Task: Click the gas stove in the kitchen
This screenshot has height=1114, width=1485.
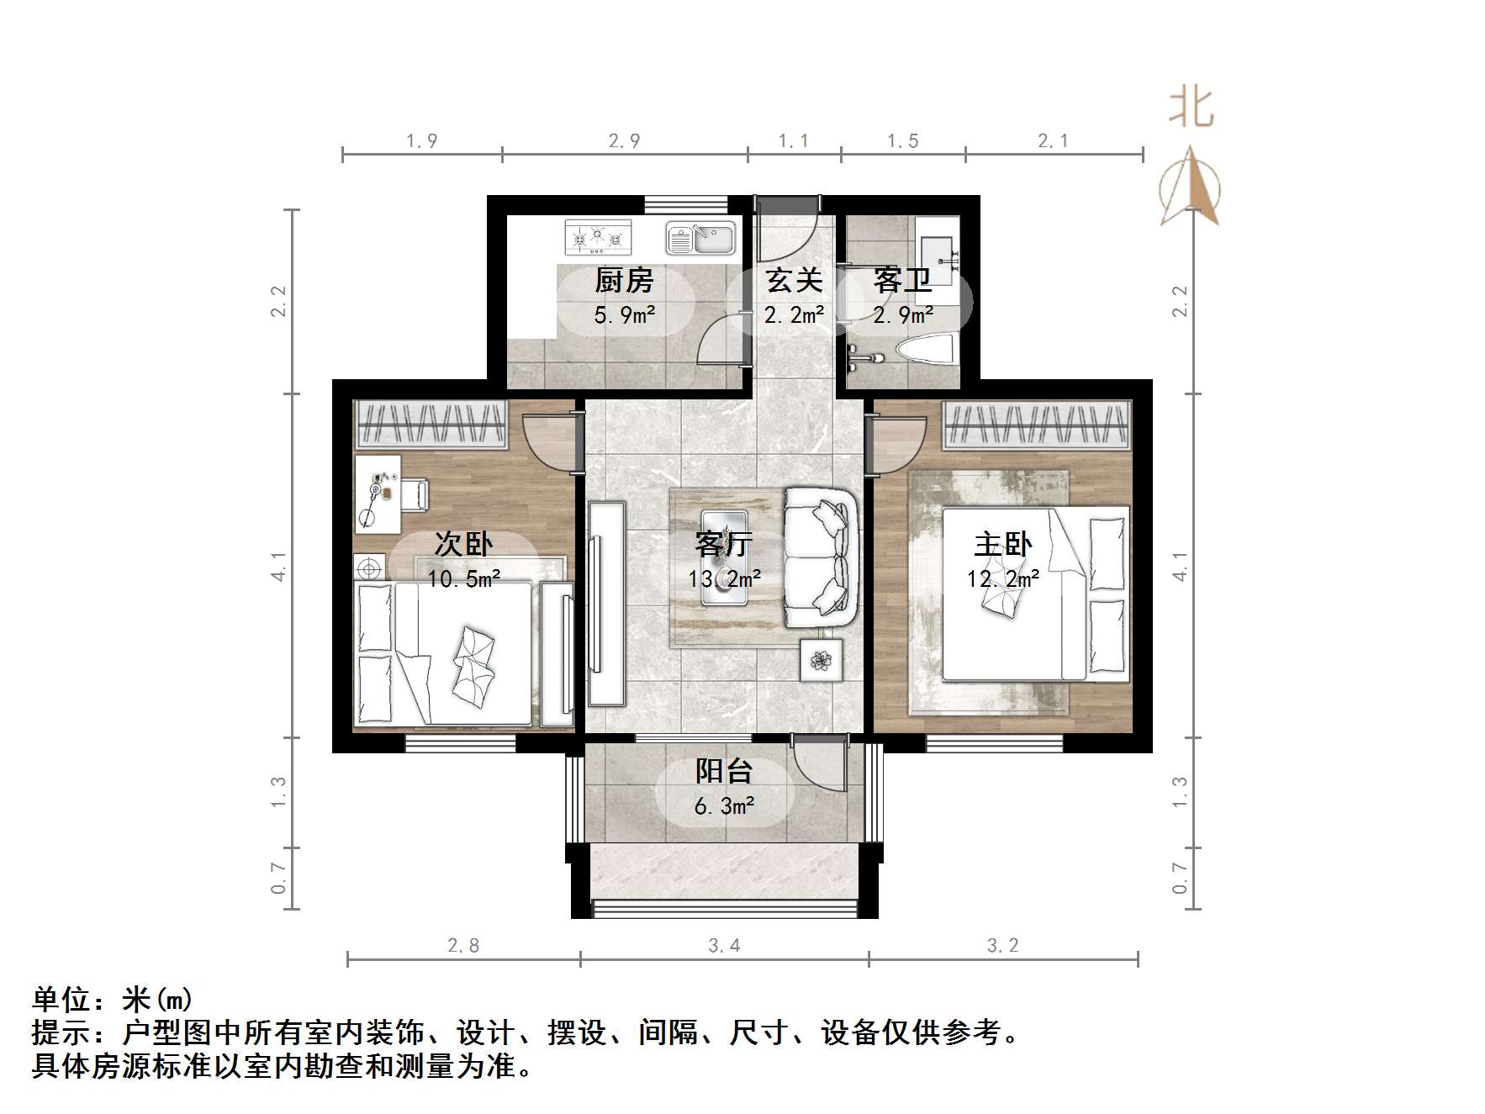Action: click(x=598, y=237)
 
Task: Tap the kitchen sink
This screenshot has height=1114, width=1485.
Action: click(x=700, y=238)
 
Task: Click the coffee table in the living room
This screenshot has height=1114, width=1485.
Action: click(x=724, y=557)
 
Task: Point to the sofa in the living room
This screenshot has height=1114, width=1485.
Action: click(x=821, y=557)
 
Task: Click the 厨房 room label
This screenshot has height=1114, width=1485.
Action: click(x=624, y=281)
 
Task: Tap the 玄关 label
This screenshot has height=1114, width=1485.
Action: click(x=793, y=281)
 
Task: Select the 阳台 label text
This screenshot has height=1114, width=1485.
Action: click(x=723, y=771)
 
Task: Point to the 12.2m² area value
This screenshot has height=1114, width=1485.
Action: click(x=1002, y=578)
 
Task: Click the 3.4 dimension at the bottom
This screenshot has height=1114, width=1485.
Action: click(x=723, y=946)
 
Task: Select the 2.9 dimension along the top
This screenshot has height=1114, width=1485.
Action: click(x=624, y=141)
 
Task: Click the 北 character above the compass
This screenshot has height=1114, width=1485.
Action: click(x=1191, y=110)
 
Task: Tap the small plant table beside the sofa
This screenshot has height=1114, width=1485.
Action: click(x=821, y=660)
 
